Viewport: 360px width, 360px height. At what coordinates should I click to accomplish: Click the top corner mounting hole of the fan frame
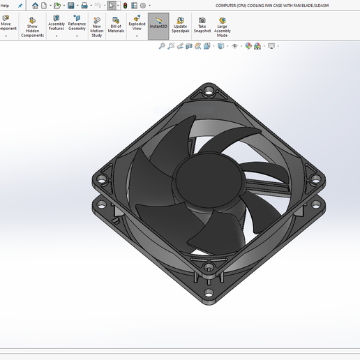point(208,92)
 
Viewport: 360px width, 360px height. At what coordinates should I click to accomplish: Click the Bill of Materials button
point(116,26)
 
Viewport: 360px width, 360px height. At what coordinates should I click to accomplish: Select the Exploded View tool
point(137,25)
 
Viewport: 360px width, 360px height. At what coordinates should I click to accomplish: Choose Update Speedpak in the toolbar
point(179,25)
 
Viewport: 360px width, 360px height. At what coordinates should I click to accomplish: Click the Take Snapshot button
point(202,25)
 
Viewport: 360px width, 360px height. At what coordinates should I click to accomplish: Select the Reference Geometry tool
point(77,25)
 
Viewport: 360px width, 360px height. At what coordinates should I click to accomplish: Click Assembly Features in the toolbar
point(57,25)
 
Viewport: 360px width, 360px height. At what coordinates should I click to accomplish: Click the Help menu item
point(5,5)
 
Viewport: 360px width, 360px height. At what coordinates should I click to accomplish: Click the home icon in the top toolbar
point(35,6)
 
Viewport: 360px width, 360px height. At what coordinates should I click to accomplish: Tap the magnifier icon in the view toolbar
point(162,46)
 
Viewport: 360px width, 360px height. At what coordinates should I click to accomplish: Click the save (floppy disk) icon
point(70,6)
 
